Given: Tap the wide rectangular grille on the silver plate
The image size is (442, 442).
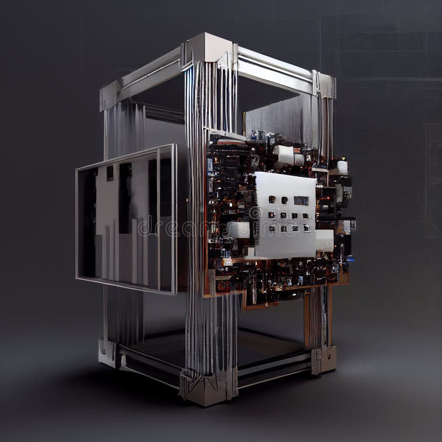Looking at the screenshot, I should tap(301, 201).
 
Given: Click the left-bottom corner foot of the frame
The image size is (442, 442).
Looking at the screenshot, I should tap(108, 352).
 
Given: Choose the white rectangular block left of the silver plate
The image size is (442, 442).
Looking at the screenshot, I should tap(238, 229).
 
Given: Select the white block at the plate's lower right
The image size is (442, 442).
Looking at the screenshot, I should tap(324, 241).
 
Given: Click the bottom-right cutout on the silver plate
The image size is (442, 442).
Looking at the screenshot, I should tap(306, 228).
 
